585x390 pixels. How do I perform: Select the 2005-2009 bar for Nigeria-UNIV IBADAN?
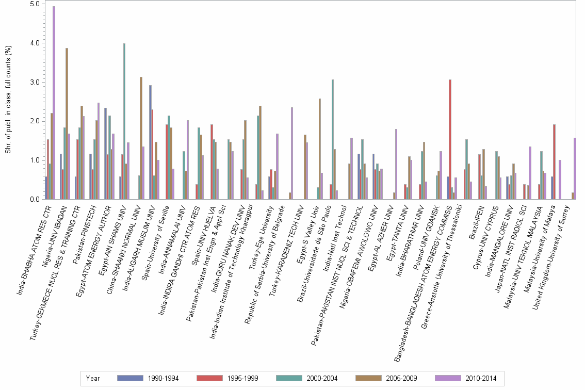(67, 124)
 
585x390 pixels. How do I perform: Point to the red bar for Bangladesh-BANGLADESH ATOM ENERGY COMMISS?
(450, 139)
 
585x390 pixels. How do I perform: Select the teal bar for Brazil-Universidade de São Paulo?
(333, 139)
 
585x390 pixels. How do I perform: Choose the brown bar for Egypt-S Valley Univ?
(320, 149)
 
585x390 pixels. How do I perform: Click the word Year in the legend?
(93, 378)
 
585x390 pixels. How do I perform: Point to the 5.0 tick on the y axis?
(35, 4)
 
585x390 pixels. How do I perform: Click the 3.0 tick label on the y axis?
(35, 82)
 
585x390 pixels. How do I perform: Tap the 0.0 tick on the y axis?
(35, 200)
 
